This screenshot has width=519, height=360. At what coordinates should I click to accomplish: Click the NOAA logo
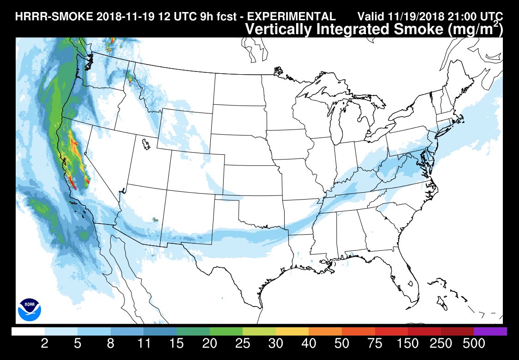click(x=30, y=310)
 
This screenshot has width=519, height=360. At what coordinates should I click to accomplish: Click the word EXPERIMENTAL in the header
click(x=292, y=17)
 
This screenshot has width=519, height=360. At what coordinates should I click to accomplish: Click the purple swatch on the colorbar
click(x=490, y=331)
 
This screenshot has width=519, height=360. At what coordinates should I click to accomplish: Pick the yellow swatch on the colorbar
click(x=292, y=331)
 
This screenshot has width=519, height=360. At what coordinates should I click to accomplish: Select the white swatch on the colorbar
click(x=28, y=331)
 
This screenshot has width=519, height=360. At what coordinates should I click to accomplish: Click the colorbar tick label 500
click(x=473, y=344)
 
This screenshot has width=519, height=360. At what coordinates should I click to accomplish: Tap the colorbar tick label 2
click(x=45, y=344)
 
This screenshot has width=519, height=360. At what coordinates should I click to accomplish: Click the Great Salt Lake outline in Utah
click(x=147, y=145)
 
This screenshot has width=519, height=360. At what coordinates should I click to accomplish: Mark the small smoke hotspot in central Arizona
click(x=155, y=220)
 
